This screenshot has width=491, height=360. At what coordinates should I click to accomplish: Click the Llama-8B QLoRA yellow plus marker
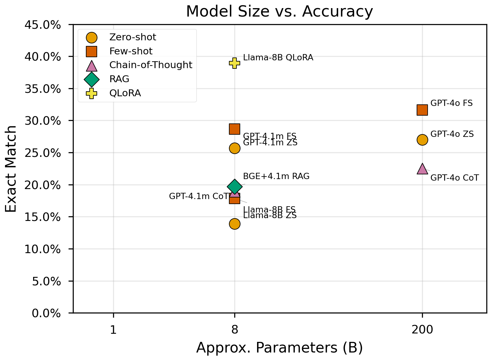235,63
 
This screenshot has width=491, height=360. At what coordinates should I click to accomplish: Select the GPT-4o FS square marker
422,110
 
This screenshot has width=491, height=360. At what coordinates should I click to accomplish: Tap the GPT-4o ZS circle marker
422,140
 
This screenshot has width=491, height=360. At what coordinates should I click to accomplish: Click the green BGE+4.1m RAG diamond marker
235,187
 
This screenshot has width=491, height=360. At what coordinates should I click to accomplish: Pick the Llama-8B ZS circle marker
235,224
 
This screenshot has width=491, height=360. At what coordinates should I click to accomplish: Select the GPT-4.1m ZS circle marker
235,148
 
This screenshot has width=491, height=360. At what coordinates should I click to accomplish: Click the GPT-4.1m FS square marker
235,129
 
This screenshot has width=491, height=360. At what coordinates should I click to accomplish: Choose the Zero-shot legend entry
132,37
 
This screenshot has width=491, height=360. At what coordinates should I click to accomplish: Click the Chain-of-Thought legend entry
151,65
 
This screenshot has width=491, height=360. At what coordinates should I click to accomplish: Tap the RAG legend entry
119,79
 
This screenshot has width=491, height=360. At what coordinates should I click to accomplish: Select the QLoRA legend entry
125,93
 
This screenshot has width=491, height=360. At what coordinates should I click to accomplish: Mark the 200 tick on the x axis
422,330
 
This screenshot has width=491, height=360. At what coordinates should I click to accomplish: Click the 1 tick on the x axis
113,330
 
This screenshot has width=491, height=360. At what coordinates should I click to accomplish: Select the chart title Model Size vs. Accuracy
279,12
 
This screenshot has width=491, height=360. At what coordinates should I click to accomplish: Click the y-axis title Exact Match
11,169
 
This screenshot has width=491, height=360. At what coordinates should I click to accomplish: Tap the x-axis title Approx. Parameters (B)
279,348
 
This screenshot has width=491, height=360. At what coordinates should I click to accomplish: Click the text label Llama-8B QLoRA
278,57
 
